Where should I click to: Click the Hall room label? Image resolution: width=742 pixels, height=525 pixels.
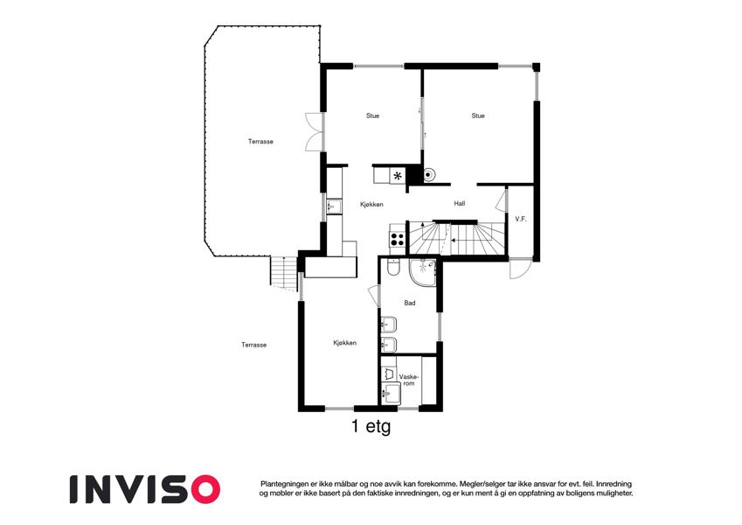pos(459,204)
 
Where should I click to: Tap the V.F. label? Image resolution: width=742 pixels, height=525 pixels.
pos(521,220)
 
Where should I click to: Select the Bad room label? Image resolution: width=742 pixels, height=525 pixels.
pos(410,304)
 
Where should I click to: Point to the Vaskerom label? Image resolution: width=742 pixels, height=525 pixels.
pos(409,380)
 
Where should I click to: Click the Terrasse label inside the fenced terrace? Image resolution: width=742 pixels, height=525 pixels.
pos(260,142)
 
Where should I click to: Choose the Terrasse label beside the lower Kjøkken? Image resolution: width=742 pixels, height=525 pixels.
pos(254,345)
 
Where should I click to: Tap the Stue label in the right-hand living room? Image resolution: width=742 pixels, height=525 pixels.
pos(478,115)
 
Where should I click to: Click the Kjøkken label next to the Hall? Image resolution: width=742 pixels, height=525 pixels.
pos(371,205)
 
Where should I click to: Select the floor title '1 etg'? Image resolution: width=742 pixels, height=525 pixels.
pos(371,426)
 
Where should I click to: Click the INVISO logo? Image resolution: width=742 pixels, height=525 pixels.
pos(145,489)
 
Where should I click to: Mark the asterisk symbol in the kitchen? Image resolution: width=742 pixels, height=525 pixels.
pos(398,176)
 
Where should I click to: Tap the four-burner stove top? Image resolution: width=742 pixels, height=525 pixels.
pos(397,238)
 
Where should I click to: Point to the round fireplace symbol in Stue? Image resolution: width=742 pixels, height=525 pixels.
pos(427,175)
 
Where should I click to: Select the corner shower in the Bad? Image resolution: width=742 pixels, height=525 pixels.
pos(423,273)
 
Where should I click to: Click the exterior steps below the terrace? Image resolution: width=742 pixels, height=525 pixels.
pos(283,273)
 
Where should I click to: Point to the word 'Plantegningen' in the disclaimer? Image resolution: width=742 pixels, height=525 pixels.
pos(284,484)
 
